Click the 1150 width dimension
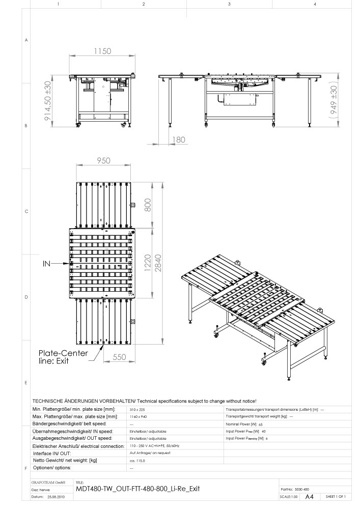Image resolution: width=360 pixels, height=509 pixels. click(102, 51)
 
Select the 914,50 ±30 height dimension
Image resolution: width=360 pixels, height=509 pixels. click(49, 100)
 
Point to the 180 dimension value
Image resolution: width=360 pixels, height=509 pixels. click(179, 139)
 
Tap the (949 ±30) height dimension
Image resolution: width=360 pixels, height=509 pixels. click(334, 102)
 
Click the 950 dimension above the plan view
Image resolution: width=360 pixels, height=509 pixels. click(103, 161)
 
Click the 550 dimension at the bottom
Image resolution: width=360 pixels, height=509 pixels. click(118, 357)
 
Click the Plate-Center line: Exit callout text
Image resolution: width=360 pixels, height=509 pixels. click(64, 357)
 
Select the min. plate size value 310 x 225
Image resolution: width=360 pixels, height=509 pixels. click(138, 409)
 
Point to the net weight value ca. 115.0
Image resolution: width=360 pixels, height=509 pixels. click(138, 460)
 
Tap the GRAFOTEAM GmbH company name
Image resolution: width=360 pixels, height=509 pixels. click(48, 481)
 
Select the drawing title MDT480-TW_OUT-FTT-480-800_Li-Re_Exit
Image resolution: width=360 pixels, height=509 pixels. click(137, 488)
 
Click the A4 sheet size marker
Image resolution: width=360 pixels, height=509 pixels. click(309, 496)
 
